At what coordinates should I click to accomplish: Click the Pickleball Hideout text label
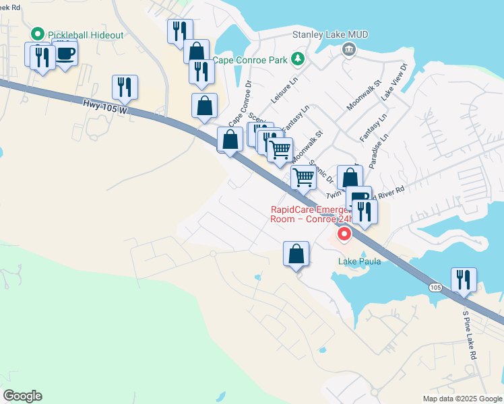[83, 33]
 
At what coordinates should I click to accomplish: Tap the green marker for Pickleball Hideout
[38, 33]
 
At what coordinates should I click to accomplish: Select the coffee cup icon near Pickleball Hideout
[65, 53]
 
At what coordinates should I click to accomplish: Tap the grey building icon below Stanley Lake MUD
[348, 48]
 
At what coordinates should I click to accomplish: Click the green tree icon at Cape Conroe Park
[297, 59]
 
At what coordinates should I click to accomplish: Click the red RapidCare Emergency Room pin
[344, 234]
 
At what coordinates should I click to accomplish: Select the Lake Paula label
[359, 261]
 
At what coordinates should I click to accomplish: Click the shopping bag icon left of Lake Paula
[296, 254]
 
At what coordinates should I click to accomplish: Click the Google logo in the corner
[22, 396]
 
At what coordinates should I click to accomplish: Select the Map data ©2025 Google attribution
[462, 399]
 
